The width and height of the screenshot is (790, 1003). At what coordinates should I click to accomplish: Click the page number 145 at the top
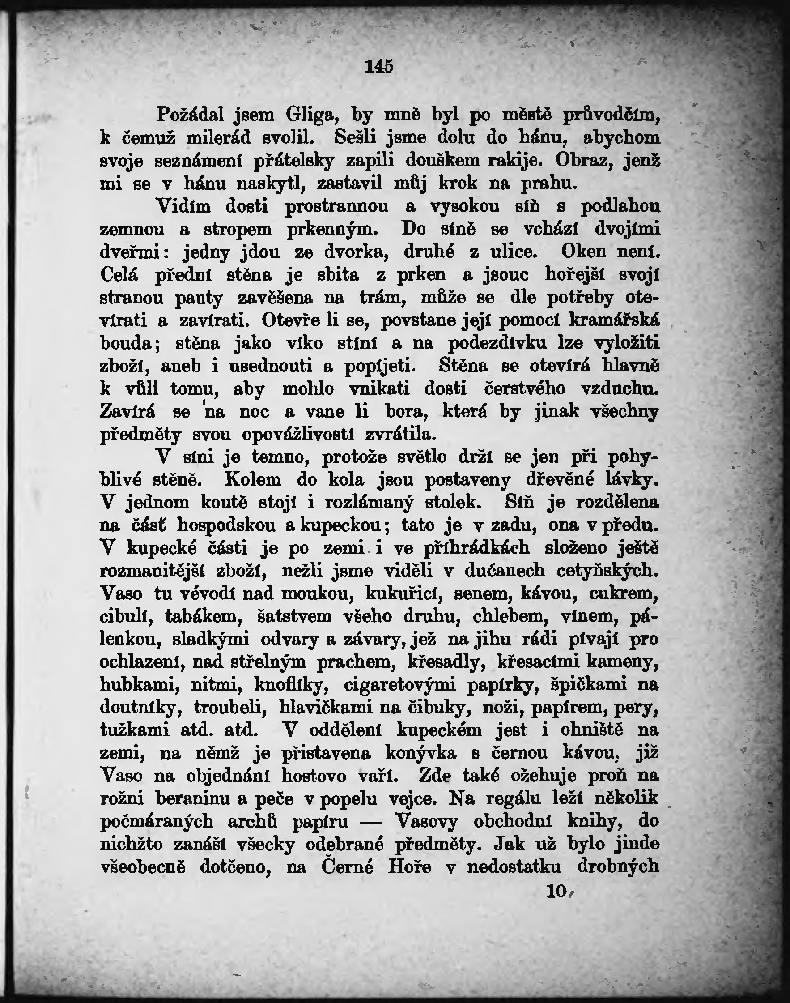tap(379, 67)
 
